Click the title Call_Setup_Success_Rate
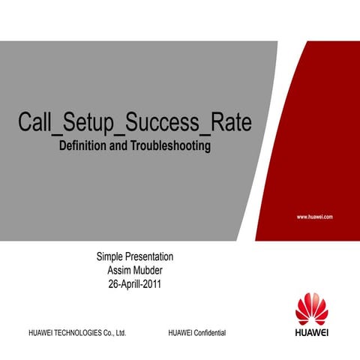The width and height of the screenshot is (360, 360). (x=134, y=124)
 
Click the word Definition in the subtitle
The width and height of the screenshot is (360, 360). (x=83, y=145)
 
